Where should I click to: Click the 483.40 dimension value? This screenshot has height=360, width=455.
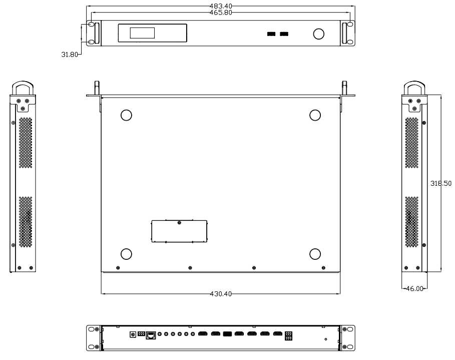(x=221, y=6)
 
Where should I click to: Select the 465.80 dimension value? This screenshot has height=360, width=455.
(x=221, y=13)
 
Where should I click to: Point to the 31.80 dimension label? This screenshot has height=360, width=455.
(x=70, y=55)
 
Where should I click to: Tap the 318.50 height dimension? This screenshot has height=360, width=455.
(x=441, y=183)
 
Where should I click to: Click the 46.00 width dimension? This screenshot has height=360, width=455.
(x=414, y=288)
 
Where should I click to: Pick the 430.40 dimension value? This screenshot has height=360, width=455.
(x=221, y=294)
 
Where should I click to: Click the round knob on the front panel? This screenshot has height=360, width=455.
(x=319, y=34)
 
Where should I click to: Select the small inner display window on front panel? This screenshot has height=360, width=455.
(x=142, y=33)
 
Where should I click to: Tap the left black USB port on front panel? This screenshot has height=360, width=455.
(x=271, y=34)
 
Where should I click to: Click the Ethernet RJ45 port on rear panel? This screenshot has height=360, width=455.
(x=151, y=335)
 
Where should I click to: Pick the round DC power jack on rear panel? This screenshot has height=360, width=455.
(x=133, y=334)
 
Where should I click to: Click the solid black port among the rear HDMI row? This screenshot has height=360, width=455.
(x=227, y=334)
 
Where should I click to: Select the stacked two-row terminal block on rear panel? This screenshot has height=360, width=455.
(x=288, y=336)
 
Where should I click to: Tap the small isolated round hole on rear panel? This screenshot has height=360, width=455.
(x=326, y=339)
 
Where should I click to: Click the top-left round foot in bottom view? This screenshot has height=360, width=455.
(x=126, y=115)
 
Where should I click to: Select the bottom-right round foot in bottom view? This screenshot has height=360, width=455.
(x=315, y=254)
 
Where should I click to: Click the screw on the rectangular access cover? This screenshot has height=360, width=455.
(x=179, y=223)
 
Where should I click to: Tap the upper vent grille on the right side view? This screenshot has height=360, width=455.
(x=412, y=143)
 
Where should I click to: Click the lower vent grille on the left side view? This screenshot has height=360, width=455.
(x=26, y=222)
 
